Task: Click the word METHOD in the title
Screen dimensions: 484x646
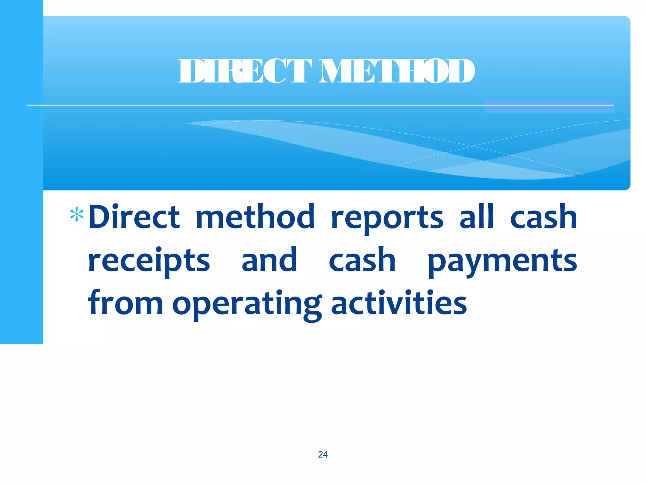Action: (396, 71)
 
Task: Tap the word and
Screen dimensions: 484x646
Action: (269, 260)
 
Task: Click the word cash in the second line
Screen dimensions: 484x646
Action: (362, 260)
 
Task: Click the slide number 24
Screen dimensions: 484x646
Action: (323, 454)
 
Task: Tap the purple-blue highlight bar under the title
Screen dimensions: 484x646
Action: (549, 107)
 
